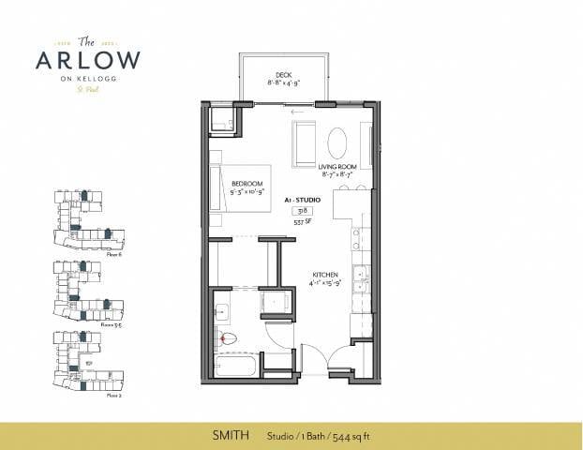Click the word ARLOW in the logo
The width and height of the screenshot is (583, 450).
(x=88, y=59)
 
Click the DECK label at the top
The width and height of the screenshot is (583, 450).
(x=284, y=75)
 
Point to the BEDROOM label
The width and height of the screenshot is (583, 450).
(x=247, y=183)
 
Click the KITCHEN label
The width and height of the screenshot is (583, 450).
(x=325, y=275)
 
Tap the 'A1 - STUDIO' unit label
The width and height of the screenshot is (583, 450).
(x=301, y=200)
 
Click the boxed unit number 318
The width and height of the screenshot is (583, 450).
(x=303, y=211)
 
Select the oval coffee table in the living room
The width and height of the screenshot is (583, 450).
(x=338, y=142)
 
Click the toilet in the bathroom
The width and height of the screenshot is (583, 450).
(x=225, y=337)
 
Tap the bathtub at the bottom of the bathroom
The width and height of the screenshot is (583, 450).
(x=237, y=364)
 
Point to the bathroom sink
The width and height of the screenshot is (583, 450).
(x=224, y=312)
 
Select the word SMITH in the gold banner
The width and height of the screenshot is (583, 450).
(x=224, y=436)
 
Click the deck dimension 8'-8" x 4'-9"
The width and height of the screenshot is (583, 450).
(x=283, y=84)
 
